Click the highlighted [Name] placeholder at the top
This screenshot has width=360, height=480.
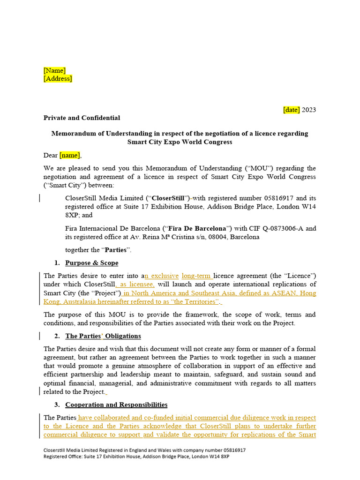(54, 70)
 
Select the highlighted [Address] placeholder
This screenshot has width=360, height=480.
(58, 78)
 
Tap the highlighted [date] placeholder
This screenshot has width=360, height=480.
(291, 110)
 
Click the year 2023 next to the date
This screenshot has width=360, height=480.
(309, 110)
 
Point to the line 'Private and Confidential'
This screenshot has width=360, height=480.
(82, 118)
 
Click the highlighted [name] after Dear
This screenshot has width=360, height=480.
(70, 155)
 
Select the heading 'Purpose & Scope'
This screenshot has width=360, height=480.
(92, 263)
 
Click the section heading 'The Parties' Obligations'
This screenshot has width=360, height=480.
(103, 336)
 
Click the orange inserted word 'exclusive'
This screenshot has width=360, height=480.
(165, 276)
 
